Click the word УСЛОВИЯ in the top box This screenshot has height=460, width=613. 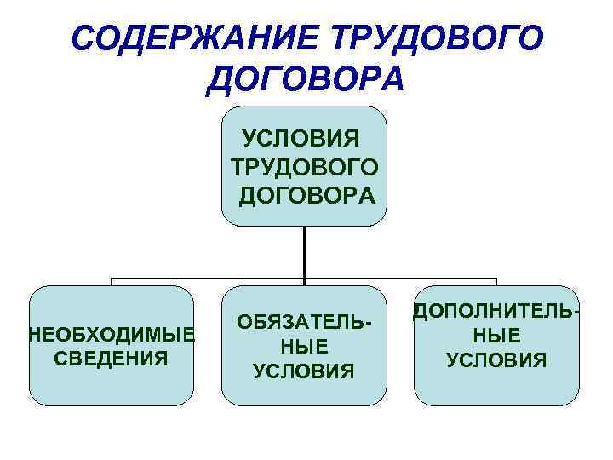pyautogui.click(x=303, y=136)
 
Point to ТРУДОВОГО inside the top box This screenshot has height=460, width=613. pyautogui.click(x=303, y=165)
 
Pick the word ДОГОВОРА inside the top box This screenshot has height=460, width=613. pyautogui.click(x=306, y=195)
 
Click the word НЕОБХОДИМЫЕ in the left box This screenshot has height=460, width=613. pyautogui.click(x=112, y=332)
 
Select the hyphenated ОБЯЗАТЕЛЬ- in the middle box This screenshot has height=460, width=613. pyautogui.click(x=305, y=323)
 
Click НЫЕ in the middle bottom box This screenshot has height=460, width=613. pyautogui.click(x=304, y=347)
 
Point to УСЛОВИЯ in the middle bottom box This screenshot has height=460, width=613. pyautogui.click(x=304, y=371)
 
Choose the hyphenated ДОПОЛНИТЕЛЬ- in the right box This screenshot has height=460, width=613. pyautogui.click(x=497, y=313)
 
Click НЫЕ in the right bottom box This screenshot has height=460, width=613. pyautogui.click(x=497, y=336)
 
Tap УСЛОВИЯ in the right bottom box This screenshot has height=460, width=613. pyautogui.click(x=497, y=360)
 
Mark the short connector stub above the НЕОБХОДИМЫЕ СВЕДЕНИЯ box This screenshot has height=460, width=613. pyautogui.click(x=112, y=282)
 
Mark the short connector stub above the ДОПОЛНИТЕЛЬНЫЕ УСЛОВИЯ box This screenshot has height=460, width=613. pyautogui.click(x=496, y=282)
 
